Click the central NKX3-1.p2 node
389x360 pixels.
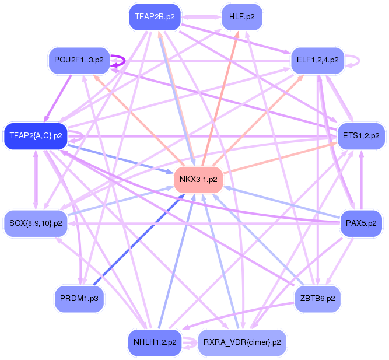click(199, 179)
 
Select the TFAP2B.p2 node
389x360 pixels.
click(155, 17)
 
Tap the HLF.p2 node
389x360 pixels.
click(241, 17)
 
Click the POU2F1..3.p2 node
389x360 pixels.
click(79, 60)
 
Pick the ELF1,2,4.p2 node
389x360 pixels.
click(317, 60)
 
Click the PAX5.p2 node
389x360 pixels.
click(361, 223)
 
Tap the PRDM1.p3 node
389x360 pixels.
click(79, 298)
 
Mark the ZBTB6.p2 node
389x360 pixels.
click(317, 298)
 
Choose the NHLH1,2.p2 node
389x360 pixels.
click(155, 342)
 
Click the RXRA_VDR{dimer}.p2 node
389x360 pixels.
click(241, 342)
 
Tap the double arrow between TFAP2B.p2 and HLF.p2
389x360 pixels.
click(201, 17)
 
